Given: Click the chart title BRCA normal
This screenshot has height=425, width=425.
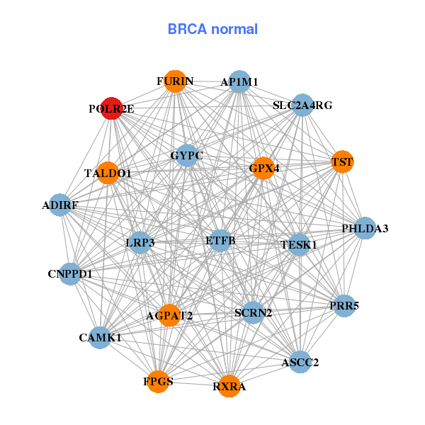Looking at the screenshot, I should pyautogui.click(x=212, y=29).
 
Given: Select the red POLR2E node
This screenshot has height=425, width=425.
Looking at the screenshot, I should pyautogui.click(x=111, y=108).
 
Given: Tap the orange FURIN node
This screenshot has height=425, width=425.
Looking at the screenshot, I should pyautogui.click(x=174, y=81).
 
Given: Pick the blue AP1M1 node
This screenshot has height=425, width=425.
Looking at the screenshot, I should pyautogui.click(x=239, y=82).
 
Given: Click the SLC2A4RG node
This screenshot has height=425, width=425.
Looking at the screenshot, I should pyautogui.click(x=302, y=106).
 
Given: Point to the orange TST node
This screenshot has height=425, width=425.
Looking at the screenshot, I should pyautogui.click(x=342, y=162).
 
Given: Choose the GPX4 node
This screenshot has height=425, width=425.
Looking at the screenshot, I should pyautogui.click(x=263, y=169).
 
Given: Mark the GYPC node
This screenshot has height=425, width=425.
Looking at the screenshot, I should pyautogui.click(x=186, y=155).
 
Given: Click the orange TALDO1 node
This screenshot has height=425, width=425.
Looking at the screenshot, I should pyautogui.click(x=108, y=173).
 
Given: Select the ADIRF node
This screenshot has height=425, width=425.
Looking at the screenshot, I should pyautogui.click(x=60, y=205).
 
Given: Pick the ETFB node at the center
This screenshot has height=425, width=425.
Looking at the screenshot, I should pyautogui.click(x=220, y=241).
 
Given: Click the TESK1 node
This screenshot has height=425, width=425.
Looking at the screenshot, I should pyautogui.click(x=298, y=244).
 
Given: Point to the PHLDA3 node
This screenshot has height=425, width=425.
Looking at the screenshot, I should pyautogui.click(x=365, y=228).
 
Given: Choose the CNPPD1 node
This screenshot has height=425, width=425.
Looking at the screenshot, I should pyautogui.click(x=70, y=273).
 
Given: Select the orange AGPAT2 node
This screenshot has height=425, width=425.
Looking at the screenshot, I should pyautogui.click(x=169, y=315).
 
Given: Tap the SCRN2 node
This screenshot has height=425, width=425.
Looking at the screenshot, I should pyautogui.click(x=253, y=312).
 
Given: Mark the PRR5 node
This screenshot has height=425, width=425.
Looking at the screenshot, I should pyautogui.click(x=344, y=306).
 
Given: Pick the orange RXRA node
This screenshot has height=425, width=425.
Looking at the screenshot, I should pyautogui.click(x=229, y=386).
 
